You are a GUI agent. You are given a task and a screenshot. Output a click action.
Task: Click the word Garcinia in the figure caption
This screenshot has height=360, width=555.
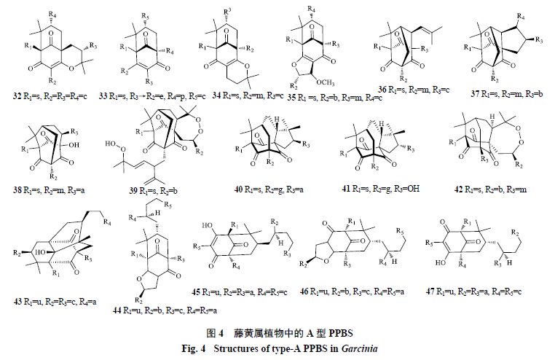pyautogui.click(x=357, y=347)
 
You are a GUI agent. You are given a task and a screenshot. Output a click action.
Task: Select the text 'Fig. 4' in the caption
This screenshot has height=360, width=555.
pyautogui.click(x=195, y=347)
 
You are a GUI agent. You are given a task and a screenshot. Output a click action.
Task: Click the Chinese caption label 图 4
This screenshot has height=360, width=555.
pyautogui.click(x=214, y=333)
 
